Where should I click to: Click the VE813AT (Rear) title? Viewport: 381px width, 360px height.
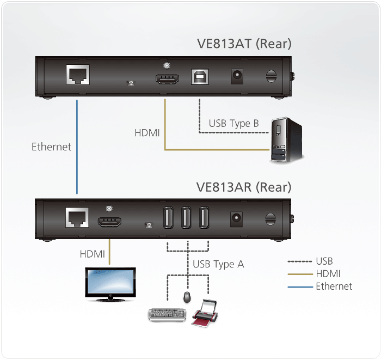pyautogui.click(x=244, y=44)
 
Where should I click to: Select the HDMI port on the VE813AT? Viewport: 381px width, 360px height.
pyautogui.click(x=168, y=79)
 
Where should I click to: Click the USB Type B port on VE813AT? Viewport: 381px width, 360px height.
pyautogui.click(x=199, y=77)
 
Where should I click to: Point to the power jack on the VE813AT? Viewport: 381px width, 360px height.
pyautogui.click(x=237, y=76)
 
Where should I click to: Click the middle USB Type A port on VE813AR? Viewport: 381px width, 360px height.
pyautogui.click(x=187, y=219)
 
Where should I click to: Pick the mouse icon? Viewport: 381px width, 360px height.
pyautogui.click(x=187, y=297)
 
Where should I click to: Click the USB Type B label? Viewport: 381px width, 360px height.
pyautogui.click(x=233, y=123)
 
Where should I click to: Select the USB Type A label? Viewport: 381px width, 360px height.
pyautogui.click(x=218, y=265)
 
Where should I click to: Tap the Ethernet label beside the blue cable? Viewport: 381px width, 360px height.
pyautogui.click(x=51, y=147)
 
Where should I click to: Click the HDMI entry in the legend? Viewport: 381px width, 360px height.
pyautogui.click(x=328, y=273)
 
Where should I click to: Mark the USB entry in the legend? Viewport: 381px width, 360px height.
pyautogui.click(x=324, y=261)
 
